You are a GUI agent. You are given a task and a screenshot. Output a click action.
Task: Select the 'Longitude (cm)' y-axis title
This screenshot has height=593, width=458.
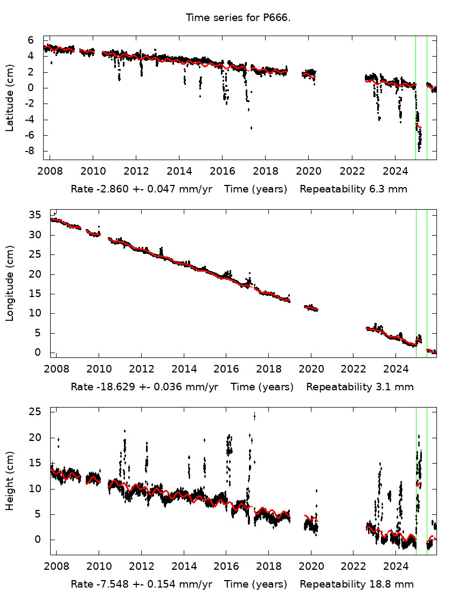9,283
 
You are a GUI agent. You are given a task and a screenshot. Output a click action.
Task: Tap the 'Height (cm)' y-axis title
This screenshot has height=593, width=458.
9,482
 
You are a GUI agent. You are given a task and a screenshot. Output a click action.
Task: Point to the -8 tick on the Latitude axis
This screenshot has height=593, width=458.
30,151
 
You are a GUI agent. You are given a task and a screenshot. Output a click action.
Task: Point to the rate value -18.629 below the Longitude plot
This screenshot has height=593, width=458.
109,387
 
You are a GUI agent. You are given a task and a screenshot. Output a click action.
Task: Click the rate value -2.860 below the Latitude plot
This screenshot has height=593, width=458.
107,189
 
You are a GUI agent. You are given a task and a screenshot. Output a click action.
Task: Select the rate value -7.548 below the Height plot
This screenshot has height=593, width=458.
107,584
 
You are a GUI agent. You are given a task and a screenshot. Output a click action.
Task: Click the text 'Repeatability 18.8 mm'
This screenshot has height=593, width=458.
357,584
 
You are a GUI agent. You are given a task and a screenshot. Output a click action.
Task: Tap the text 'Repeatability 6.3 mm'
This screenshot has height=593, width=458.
353,189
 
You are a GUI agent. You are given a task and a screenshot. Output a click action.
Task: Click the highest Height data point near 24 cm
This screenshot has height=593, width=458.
254,415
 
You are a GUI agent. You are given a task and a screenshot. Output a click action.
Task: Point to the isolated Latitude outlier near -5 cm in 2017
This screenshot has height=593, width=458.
251,128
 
